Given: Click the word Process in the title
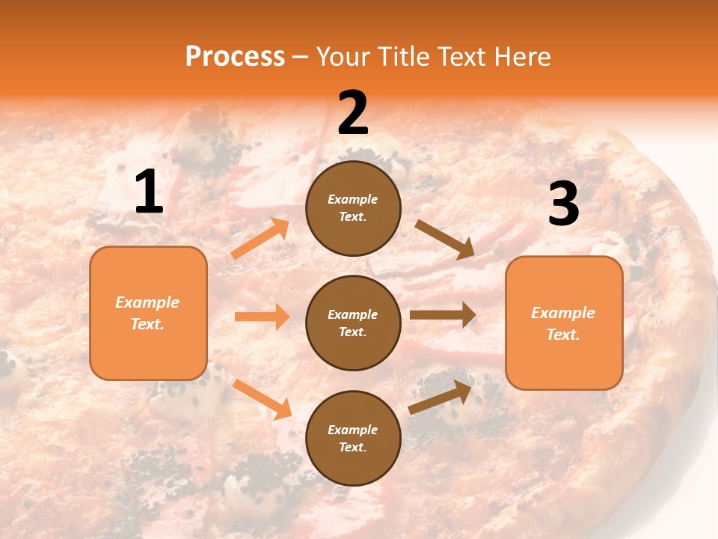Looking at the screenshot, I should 235,57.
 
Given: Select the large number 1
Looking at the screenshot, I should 149,192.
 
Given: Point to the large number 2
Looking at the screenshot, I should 353,113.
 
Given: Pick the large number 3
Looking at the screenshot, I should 563,204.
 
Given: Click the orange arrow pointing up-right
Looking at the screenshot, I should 260,239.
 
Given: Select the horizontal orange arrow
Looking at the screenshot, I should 262,317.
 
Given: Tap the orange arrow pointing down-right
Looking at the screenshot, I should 262,398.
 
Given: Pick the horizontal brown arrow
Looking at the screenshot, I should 443,315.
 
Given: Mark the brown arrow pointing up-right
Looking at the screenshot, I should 441,397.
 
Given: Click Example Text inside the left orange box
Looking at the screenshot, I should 147,313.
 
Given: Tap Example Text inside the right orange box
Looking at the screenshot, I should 563,323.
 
